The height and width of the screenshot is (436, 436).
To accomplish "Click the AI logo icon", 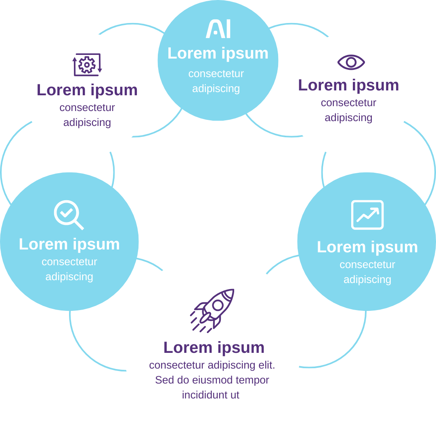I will pos(218,29).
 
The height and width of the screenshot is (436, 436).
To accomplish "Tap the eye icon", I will pos(351,62).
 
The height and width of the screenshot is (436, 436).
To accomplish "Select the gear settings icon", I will pos(87,65).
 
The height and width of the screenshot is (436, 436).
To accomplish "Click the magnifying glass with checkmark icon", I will pos(68,214).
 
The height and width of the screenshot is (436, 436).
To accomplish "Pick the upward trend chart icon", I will pos(367,215).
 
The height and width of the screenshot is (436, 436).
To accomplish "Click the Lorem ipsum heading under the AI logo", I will pos(218,53).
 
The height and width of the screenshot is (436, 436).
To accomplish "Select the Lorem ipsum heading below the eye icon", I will pos(348,85).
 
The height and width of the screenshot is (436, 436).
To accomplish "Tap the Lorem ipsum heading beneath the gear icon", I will pos(87,90).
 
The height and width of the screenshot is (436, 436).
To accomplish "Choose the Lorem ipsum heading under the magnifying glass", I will pos(69,244).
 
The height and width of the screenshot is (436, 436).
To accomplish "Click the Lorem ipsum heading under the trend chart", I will pos(367,247).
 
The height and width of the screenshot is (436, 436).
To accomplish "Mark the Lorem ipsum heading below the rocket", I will pos(214,348).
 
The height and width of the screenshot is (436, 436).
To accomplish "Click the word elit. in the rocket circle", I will pos(266,365).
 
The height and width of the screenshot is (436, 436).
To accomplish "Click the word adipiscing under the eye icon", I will pos(348,118).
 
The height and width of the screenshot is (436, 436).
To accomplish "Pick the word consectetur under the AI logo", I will pos(216,74).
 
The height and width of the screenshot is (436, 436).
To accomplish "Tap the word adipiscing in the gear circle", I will pos(87,123).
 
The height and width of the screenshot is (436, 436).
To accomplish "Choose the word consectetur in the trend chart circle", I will pos(367,265).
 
